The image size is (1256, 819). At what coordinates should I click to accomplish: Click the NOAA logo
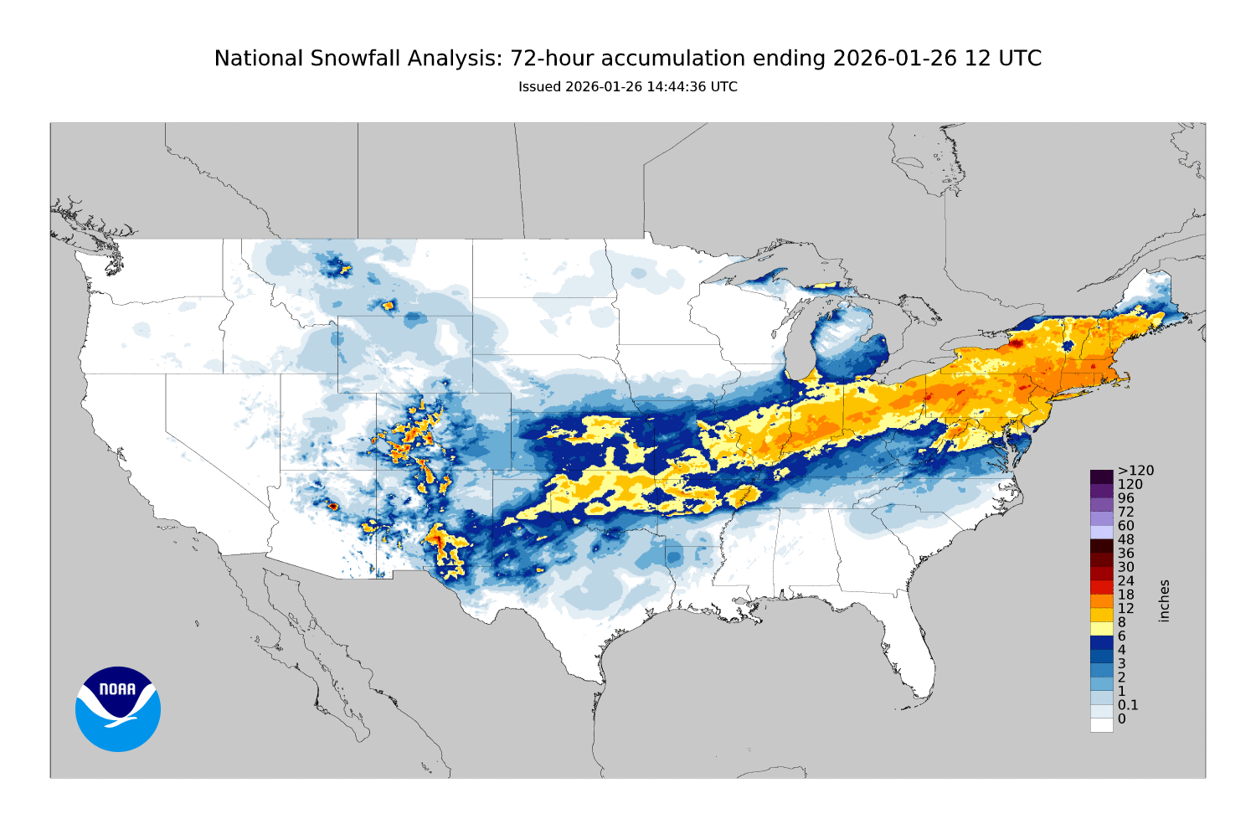point(118,708)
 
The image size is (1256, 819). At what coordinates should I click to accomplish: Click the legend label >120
point(1135,471)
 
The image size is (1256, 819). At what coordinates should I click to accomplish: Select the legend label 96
point(1125,498)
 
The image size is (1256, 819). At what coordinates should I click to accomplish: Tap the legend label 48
point(1125,539)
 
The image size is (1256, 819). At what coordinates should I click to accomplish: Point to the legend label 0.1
point(1128,705)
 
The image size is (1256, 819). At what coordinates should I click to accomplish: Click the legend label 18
point(1125,595)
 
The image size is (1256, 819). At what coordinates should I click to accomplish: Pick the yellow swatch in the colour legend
point(1101,628)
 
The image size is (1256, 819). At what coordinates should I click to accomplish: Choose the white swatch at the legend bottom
point(1101,724)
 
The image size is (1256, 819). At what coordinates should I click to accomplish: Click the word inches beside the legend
point(1164,600)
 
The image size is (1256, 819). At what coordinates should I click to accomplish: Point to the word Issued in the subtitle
point(539,87)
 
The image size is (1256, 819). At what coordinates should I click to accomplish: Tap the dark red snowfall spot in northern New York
point(1016,343)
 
